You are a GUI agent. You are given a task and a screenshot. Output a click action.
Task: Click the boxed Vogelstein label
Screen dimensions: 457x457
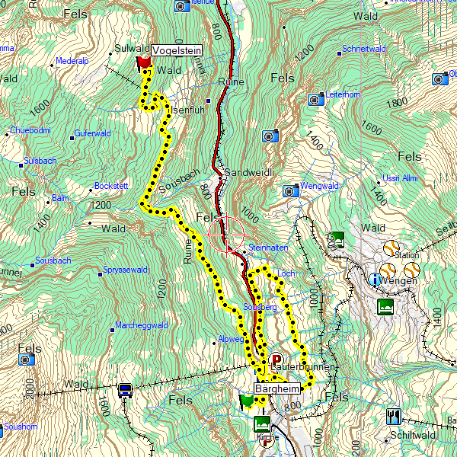[176, 50]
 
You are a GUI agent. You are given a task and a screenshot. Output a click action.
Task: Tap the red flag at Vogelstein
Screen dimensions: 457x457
[142, 62]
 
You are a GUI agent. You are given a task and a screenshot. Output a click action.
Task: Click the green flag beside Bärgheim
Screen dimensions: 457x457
[246, 401]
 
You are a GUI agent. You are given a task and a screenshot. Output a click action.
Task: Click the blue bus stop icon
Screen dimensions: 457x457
[126, 390]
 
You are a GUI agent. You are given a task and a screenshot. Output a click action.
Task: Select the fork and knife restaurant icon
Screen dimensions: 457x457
[393, 416]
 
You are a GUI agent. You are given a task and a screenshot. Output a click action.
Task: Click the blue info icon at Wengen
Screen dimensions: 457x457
[375, 280]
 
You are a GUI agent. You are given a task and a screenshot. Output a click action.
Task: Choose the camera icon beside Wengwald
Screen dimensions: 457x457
[290, 190]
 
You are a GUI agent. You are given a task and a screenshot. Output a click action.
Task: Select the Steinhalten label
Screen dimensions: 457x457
[267, 248]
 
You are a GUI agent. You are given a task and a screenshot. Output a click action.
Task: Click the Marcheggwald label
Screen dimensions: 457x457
[142, 325]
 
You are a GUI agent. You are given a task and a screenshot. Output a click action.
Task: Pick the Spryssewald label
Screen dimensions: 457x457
[125, 270]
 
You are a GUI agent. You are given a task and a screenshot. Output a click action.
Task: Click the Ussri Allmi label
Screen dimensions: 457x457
[400, 178]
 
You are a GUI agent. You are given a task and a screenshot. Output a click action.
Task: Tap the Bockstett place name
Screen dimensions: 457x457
[111, 187]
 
